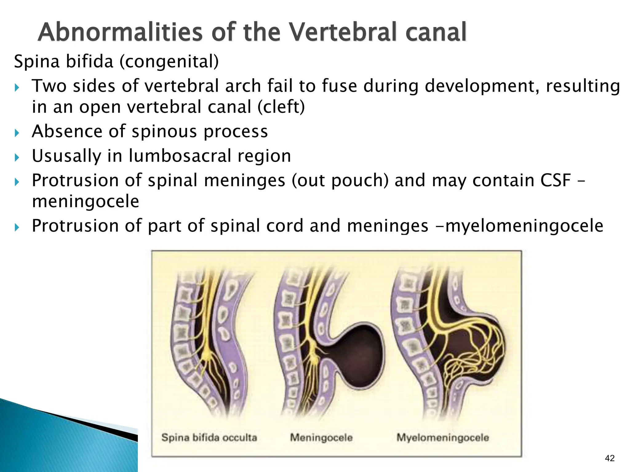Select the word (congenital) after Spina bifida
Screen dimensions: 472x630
pyautogui.click(x=169, y=61)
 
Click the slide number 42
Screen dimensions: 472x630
pyautogui.click(x=609, y=458)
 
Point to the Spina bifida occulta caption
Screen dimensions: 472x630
pyautogui.click(x=209, y=437)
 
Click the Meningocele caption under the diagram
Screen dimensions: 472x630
pyautogui.click(x=321, y=437)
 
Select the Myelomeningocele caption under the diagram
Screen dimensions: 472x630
pyautogui.click(x=443, y=437)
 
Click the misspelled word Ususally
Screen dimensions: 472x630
pyautogui.click(x=66, y=156)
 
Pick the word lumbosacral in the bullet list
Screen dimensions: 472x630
pyautogui.click(x=180, y=156)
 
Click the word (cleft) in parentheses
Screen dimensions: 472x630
pyautogui.click(x=281, y=107)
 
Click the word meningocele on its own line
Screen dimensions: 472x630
pyautogui.click(x=86, y=202)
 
